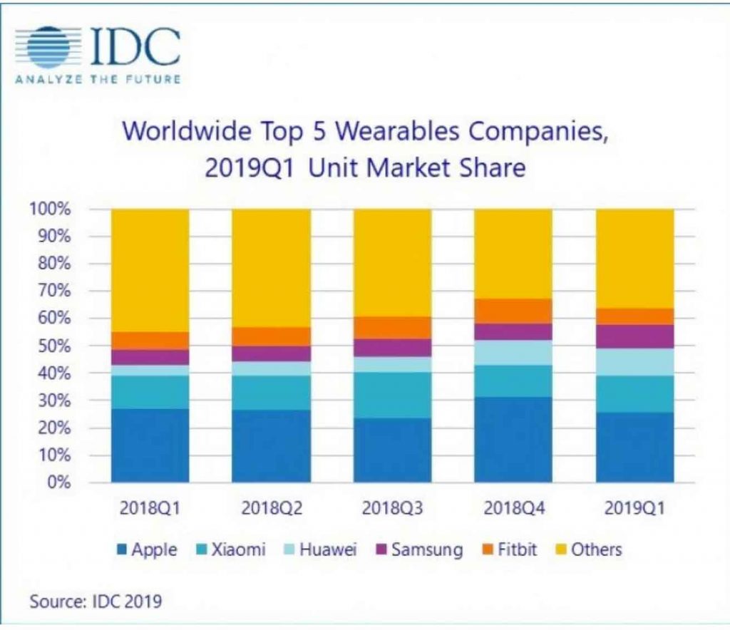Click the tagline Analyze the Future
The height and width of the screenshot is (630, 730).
click(97, 79)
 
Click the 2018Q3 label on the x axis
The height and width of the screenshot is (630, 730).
click(391, 510)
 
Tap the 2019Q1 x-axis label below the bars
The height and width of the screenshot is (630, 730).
click(634, 510)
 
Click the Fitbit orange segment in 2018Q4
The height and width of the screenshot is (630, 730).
click(513, 311)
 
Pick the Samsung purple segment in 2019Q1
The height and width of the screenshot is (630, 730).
click(634, 336)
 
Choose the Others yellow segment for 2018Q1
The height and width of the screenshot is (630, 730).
click(150, 271)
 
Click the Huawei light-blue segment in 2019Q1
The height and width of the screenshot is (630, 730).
click(634, 362)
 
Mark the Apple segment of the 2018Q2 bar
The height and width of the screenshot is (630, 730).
click(271, 446)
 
